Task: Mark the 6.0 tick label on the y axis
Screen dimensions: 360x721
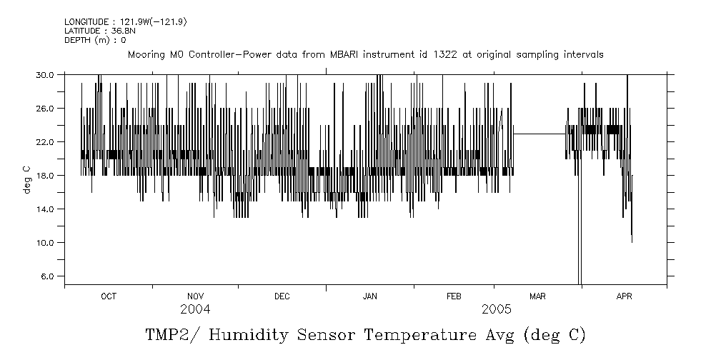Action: coord(46,276)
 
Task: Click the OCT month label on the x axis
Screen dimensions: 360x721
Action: coord(109,296)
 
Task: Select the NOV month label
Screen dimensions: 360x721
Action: coord(195,296)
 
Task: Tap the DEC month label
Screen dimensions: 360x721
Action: coord(282,296)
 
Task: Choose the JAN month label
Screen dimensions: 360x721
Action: coord(370,296)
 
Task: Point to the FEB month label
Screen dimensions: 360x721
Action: coord(454,296)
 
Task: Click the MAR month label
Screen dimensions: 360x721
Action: coord(537,296)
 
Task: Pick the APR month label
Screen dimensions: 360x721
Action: coord(625,296)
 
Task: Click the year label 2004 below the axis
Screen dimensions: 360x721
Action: coord(195,309)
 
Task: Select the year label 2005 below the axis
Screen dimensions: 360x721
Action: coord(497,309)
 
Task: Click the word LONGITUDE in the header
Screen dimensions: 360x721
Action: coord(85,22)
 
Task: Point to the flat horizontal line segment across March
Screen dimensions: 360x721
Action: coord(539,134)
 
